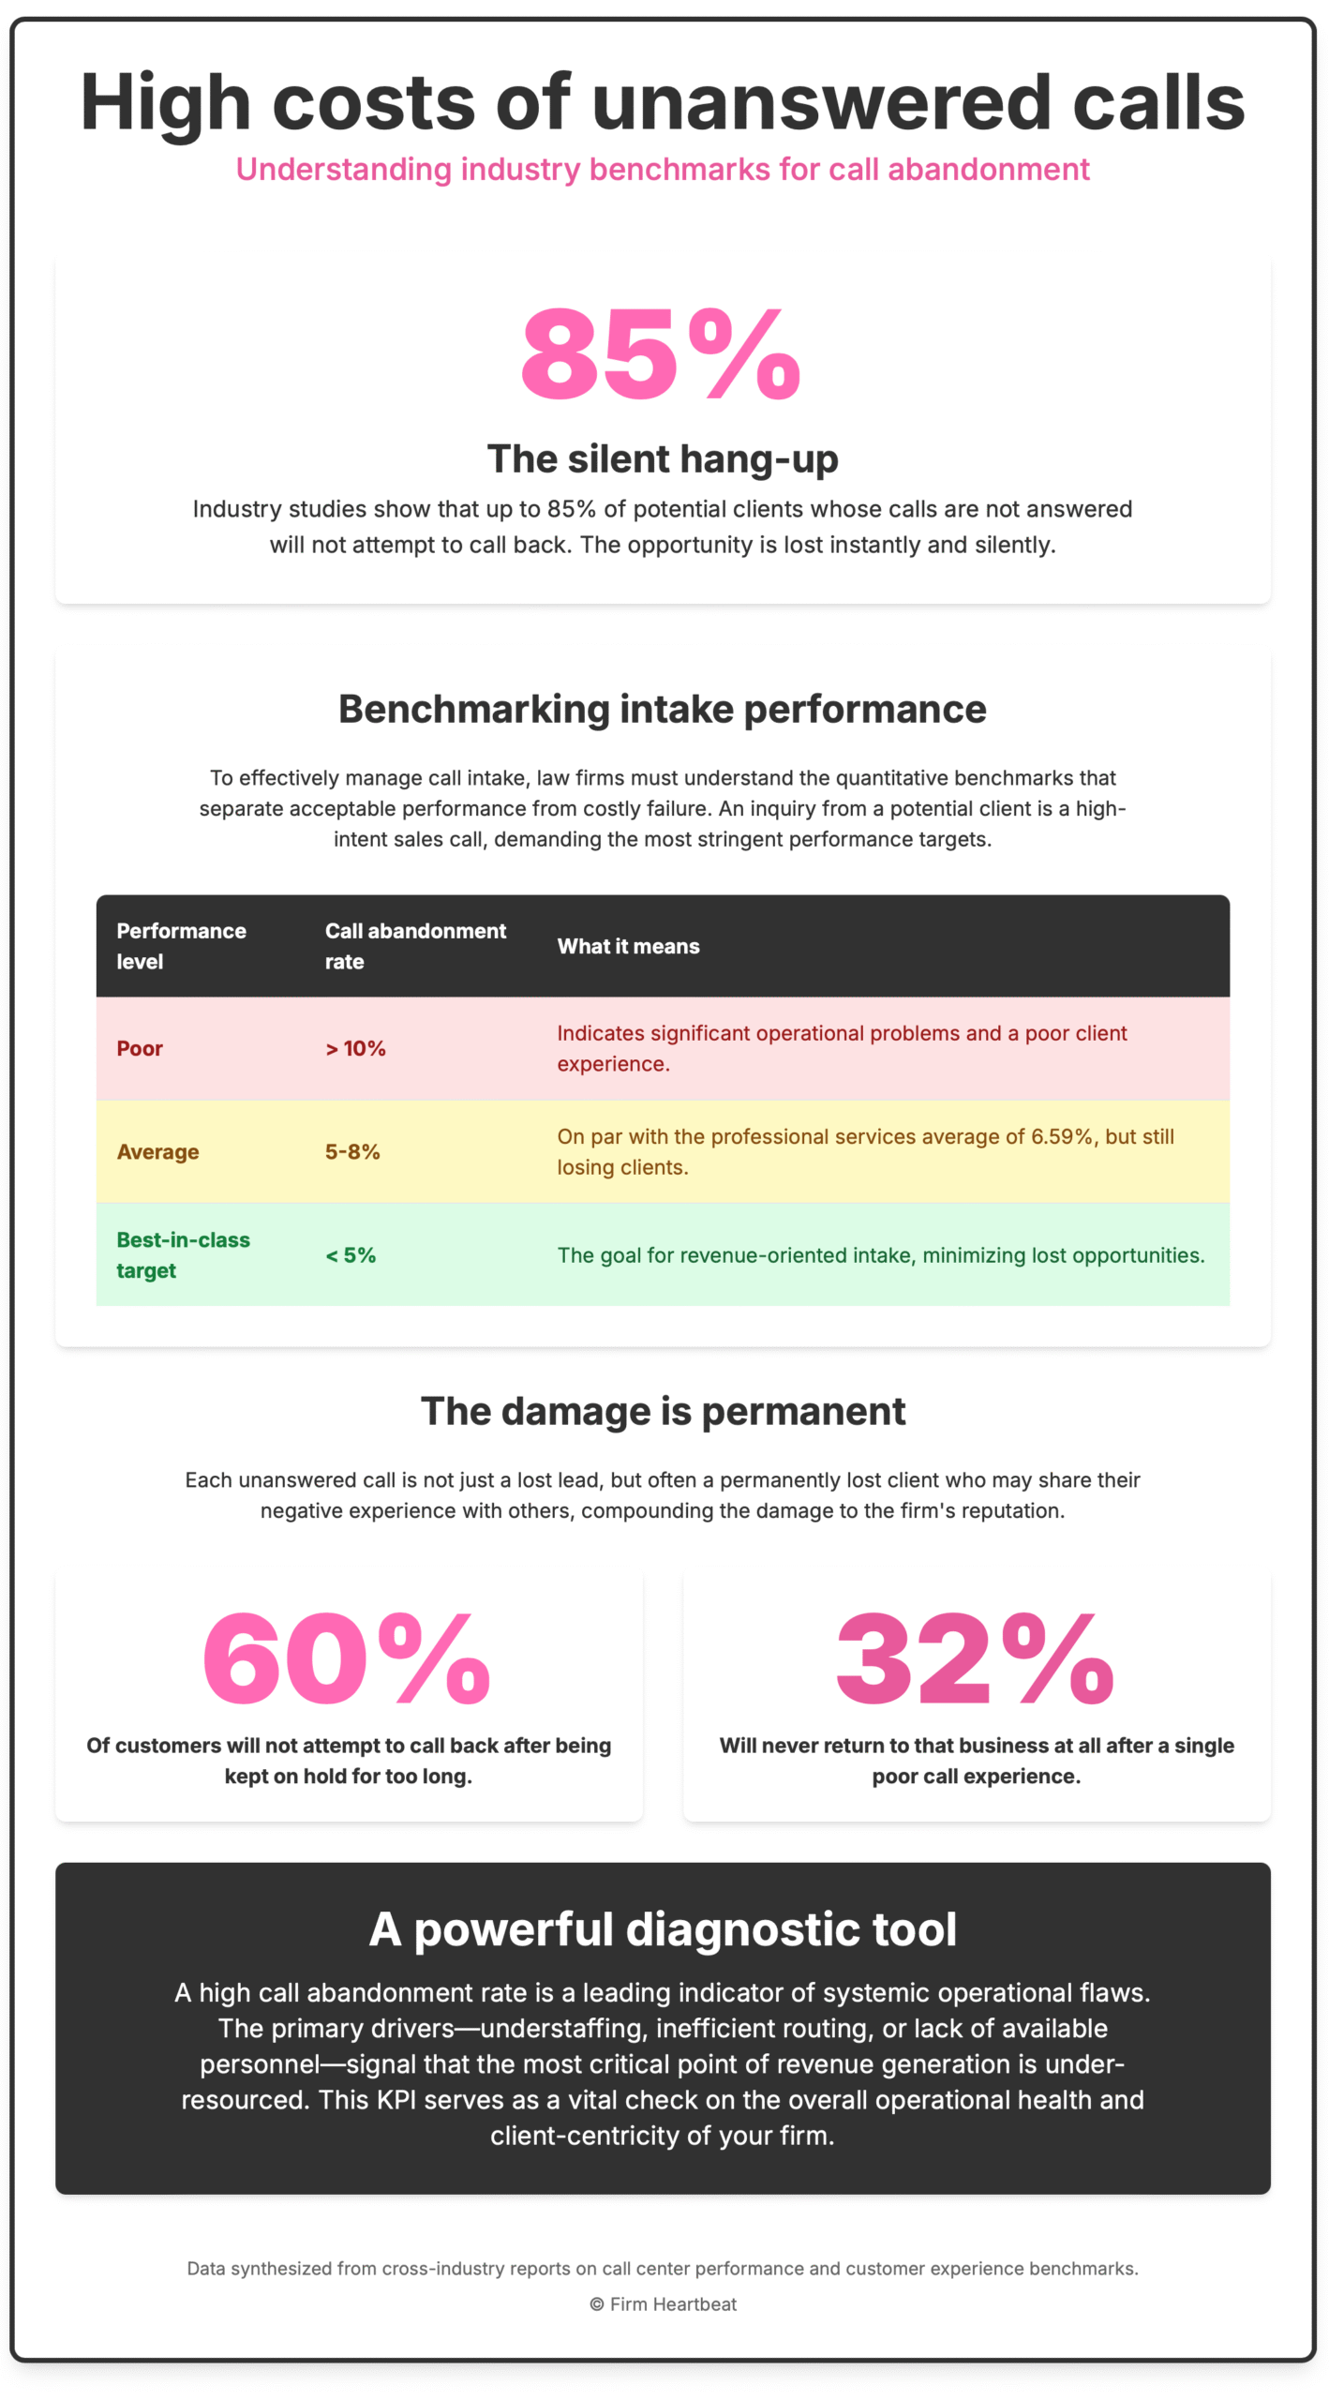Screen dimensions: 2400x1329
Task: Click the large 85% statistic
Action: point(662,353)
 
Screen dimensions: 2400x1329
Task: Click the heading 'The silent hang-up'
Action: point(663,458)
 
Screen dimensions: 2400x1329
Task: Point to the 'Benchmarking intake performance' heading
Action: point(663,709)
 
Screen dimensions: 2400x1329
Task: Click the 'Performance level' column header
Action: point(181,945)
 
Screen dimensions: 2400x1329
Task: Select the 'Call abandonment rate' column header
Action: point(415,945)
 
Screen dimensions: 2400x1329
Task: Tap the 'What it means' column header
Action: point(628,946)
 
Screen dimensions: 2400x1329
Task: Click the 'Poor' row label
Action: point(140,1048)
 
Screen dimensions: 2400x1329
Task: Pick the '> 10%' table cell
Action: point(355,1048)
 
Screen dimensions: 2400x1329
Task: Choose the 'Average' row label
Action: point(157,1151)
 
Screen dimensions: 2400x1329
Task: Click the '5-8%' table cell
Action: point(352,1151)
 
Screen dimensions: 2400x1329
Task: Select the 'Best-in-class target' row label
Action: point(183,1254)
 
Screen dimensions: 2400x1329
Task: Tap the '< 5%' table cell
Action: point(351,1254)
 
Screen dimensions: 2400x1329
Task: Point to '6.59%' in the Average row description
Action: point(1062,1136)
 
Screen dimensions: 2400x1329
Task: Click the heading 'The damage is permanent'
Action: point(663,1411)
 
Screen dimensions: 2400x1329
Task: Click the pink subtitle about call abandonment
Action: point(663,170)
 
